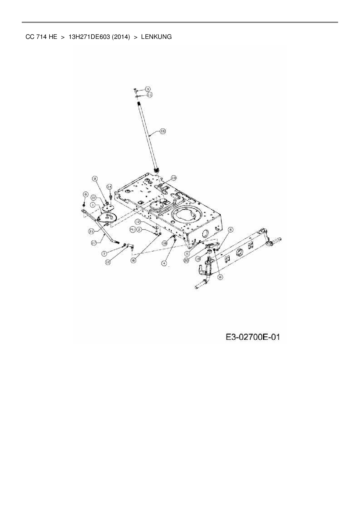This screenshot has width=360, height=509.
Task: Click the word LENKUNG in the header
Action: click(x=156, y=37)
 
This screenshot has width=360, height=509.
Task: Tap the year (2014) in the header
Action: click(x=120, y=37)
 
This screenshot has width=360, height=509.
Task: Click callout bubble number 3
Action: click(x=147, y=89)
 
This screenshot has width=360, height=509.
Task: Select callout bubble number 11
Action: click(x=150, y=95)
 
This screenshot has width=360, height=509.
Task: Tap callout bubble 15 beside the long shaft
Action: click(x=163, y=131)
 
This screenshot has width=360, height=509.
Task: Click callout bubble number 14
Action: click(x=109, y=186)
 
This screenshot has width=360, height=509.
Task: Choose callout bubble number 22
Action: click(x=94, y=197)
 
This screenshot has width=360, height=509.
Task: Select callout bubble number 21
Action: click(x=92, y=231)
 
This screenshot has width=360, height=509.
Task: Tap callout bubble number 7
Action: click(x=105, y=254)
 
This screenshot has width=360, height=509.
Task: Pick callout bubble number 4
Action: click(x=164, y=263)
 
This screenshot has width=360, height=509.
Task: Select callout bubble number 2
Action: click(x=139, y=230)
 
